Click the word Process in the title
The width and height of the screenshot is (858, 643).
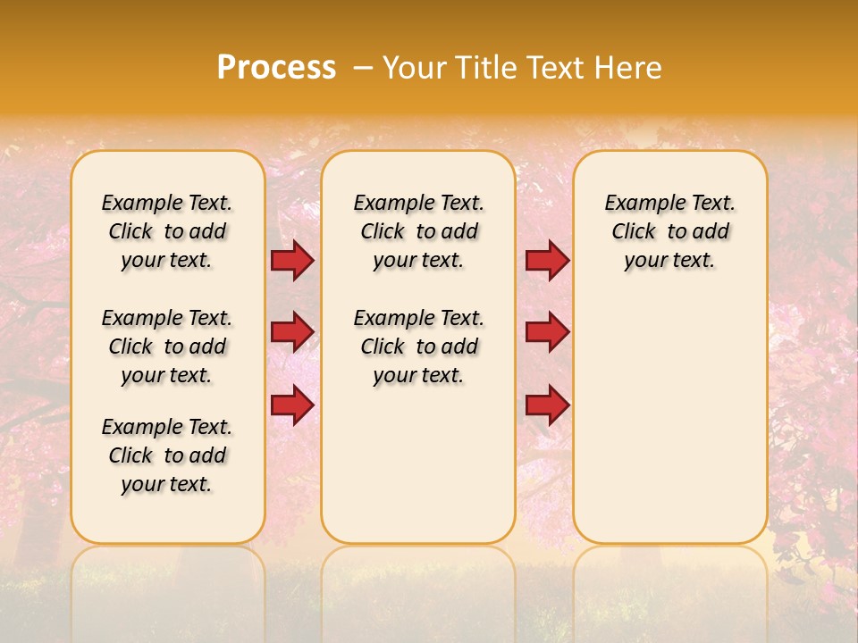click(276, 68)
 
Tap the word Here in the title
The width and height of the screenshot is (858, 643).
click(629, 68)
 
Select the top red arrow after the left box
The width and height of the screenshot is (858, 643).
click(292, 261)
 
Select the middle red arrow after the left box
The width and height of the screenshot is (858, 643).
click(292, 332)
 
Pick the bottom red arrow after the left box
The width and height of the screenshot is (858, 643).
click(292, 405)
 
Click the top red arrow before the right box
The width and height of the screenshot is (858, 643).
click(547, 261)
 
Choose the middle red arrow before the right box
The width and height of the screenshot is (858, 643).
click(547, 332)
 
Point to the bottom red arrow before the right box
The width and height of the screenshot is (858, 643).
click(547, 405)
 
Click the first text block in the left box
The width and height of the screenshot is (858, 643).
click(167, 231)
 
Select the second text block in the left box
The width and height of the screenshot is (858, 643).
click(167, 347)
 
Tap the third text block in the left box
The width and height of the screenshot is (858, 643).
click(167, 455)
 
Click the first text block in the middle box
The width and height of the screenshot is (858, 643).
click(418, 231)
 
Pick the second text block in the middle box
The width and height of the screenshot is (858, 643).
click(418, 347)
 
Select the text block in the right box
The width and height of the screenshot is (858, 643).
click(669, 231)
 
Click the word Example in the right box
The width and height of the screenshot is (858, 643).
click(637, 204)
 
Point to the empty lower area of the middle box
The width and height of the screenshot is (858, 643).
click(418, 464)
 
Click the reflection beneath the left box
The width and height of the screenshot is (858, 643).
click(167, 580)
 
